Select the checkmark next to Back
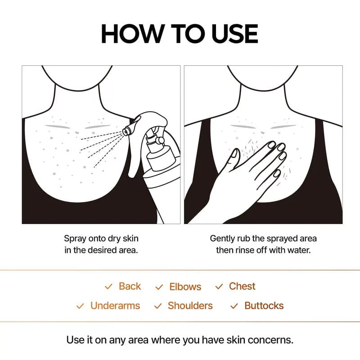click(108, 287)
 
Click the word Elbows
click(185, 287)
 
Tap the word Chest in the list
click(242, 286)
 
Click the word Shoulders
click(190, 306)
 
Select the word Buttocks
click(264, 306)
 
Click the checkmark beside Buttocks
click(234, 306)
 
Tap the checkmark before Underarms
click(80, 306)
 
